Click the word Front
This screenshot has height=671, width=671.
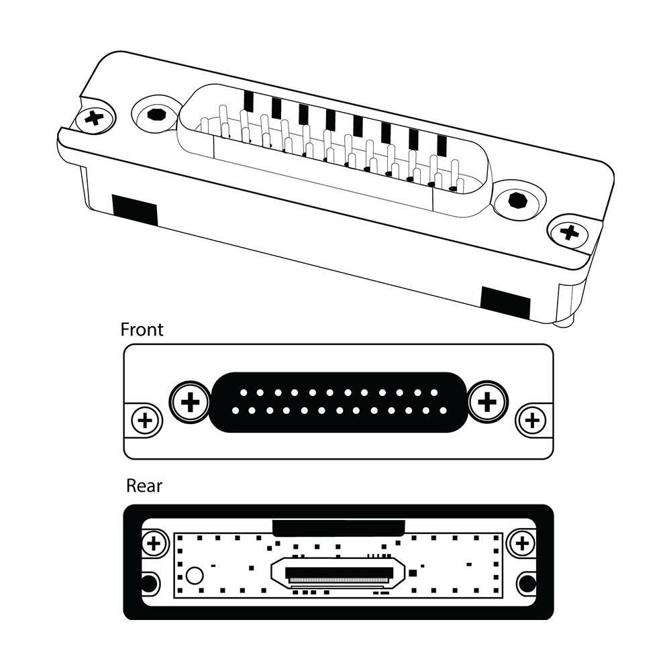coord(142,329)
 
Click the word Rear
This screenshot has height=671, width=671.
coord(144,485)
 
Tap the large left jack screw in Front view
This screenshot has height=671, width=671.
coord(191,403)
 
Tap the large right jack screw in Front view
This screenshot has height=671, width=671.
coord(488,402)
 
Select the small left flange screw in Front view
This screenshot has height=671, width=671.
coord(144,421)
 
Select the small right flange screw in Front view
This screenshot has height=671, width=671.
coord(533,421)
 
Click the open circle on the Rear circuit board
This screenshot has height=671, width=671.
coord(195,575)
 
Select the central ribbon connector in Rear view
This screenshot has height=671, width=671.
coord(338,574)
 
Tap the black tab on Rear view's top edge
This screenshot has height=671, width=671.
coord(338,527)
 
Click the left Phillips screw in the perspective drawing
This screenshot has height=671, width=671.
coord(96,119)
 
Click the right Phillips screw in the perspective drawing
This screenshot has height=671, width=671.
coord(569,233)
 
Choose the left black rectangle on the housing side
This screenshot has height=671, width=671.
coord(134,209)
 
